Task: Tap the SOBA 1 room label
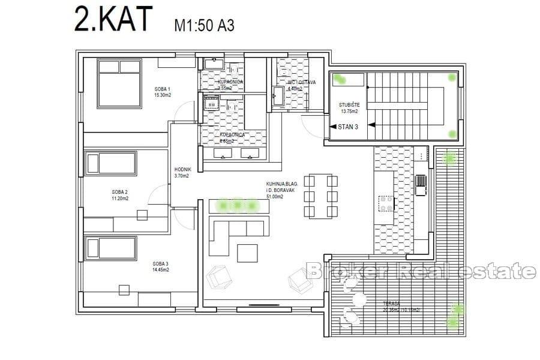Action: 161,89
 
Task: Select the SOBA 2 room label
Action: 119,193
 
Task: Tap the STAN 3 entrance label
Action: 347,126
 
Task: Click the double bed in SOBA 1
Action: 119,83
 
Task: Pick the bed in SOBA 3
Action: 112,247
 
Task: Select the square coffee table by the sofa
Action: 247,253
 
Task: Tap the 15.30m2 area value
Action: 163,95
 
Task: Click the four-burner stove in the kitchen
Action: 385,204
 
